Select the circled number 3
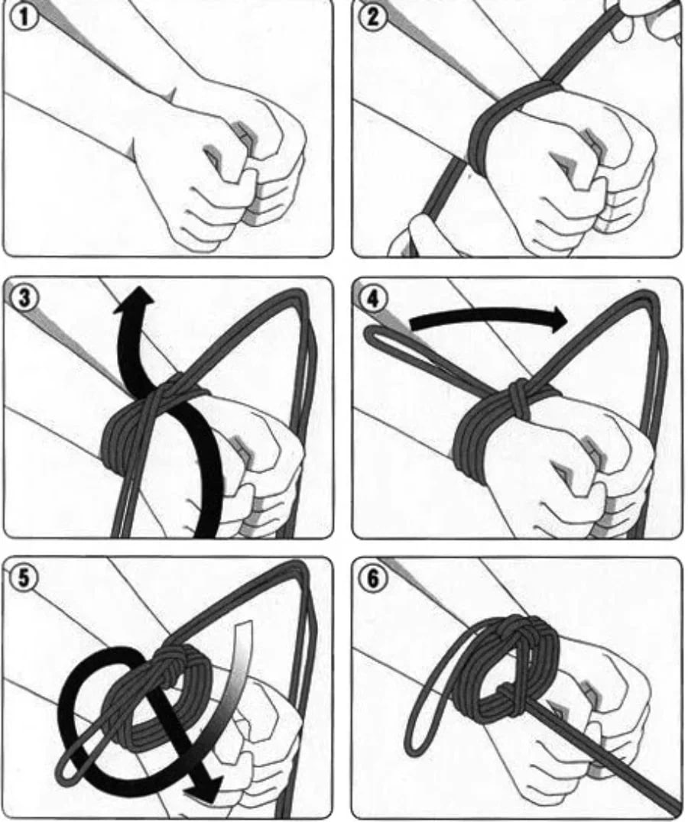22,297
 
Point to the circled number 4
372,299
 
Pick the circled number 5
22,578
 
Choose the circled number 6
372,578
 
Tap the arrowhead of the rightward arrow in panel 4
555,319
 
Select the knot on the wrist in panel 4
519,397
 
